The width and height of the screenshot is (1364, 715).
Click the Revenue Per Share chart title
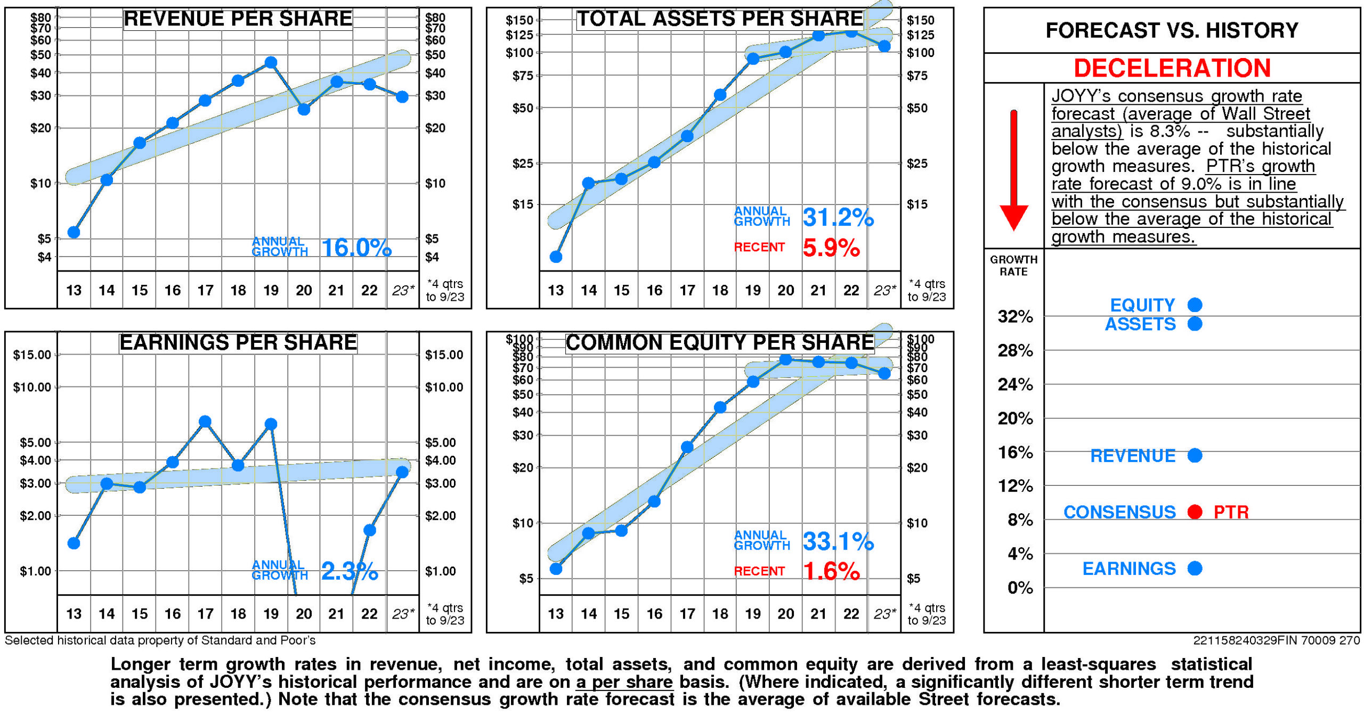(x=238, y=19)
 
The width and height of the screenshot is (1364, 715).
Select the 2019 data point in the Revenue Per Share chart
(x=271, y=62)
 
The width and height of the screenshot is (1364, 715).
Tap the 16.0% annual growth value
(x=356, y=248)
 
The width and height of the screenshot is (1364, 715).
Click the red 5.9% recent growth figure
(x=831, y=248)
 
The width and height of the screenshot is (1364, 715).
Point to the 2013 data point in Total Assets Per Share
(x=556, y=257)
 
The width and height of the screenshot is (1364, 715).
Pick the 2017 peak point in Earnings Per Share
(x=205, y=422)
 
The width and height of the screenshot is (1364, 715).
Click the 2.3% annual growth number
(x=350, y=571)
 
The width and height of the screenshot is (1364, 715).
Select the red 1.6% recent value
(x=831, y=571)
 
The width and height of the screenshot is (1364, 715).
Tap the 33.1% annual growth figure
(x=838, y=541)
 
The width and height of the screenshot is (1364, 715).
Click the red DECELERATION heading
(x=1172, y=68)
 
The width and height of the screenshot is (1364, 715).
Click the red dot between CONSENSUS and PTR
(x=1195, y=512)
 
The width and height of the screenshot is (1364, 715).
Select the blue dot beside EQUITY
(x=1195, y=305)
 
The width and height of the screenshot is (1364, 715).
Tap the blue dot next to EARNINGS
(x=1195, y=568)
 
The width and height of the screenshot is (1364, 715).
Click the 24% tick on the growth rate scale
(x=1015, y=384)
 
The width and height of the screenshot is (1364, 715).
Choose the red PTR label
(x=1231, y=512)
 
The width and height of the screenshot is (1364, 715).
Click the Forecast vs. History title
(x=1172, y=30)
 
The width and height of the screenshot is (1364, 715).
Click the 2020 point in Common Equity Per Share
(x=785, y=359)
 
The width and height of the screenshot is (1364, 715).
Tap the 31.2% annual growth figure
(x=838, y=217)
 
